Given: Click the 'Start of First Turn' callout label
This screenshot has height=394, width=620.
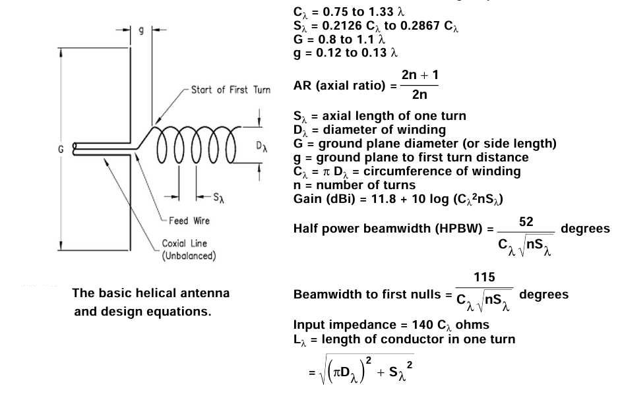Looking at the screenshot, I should coord(230,90).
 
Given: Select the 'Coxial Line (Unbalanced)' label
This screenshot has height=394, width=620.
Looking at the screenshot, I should coord(189,250).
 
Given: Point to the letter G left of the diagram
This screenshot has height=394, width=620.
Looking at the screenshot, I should coord(61,150).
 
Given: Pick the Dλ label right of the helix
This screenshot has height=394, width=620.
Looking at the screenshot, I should coord(263,146).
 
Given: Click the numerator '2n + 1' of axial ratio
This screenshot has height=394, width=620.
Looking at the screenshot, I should coord(419,75).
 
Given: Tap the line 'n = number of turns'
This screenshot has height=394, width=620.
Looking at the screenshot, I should coord(354,185).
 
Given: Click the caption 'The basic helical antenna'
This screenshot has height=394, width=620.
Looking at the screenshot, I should coord(151,293).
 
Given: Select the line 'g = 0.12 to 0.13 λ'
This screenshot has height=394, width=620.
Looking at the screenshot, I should coord(346,53).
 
